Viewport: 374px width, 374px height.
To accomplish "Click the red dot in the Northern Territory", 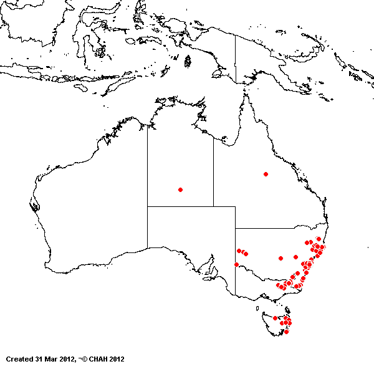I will [180, 189].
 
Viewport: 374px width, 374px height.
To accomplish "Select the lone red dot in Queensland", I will [266, 174].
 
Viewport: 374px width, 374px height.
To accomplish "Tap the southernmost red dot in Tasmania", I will [286, 331].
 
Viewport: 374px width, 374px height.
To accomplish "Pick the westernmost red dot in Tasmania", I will [275, 318].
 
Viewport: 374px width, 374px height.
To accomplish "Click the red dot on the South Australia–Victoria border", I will [236, 264].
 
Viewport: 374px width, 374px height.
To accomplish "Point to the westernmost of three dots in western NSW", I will [238, 251].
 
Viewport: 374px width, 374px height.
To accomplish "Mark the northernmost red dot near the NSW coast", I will [318, 239].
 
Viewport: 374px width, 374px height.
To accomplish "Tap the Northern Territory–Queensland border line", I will [213, 175].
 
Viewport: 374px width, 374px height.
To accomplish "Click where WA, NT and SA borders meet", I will [147, 206].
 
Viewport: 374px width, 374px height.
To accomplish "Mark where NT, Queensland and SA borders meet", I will [213, 206].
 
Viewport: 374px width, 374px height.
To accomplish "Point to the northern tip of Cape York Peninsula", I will [245, 94].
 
